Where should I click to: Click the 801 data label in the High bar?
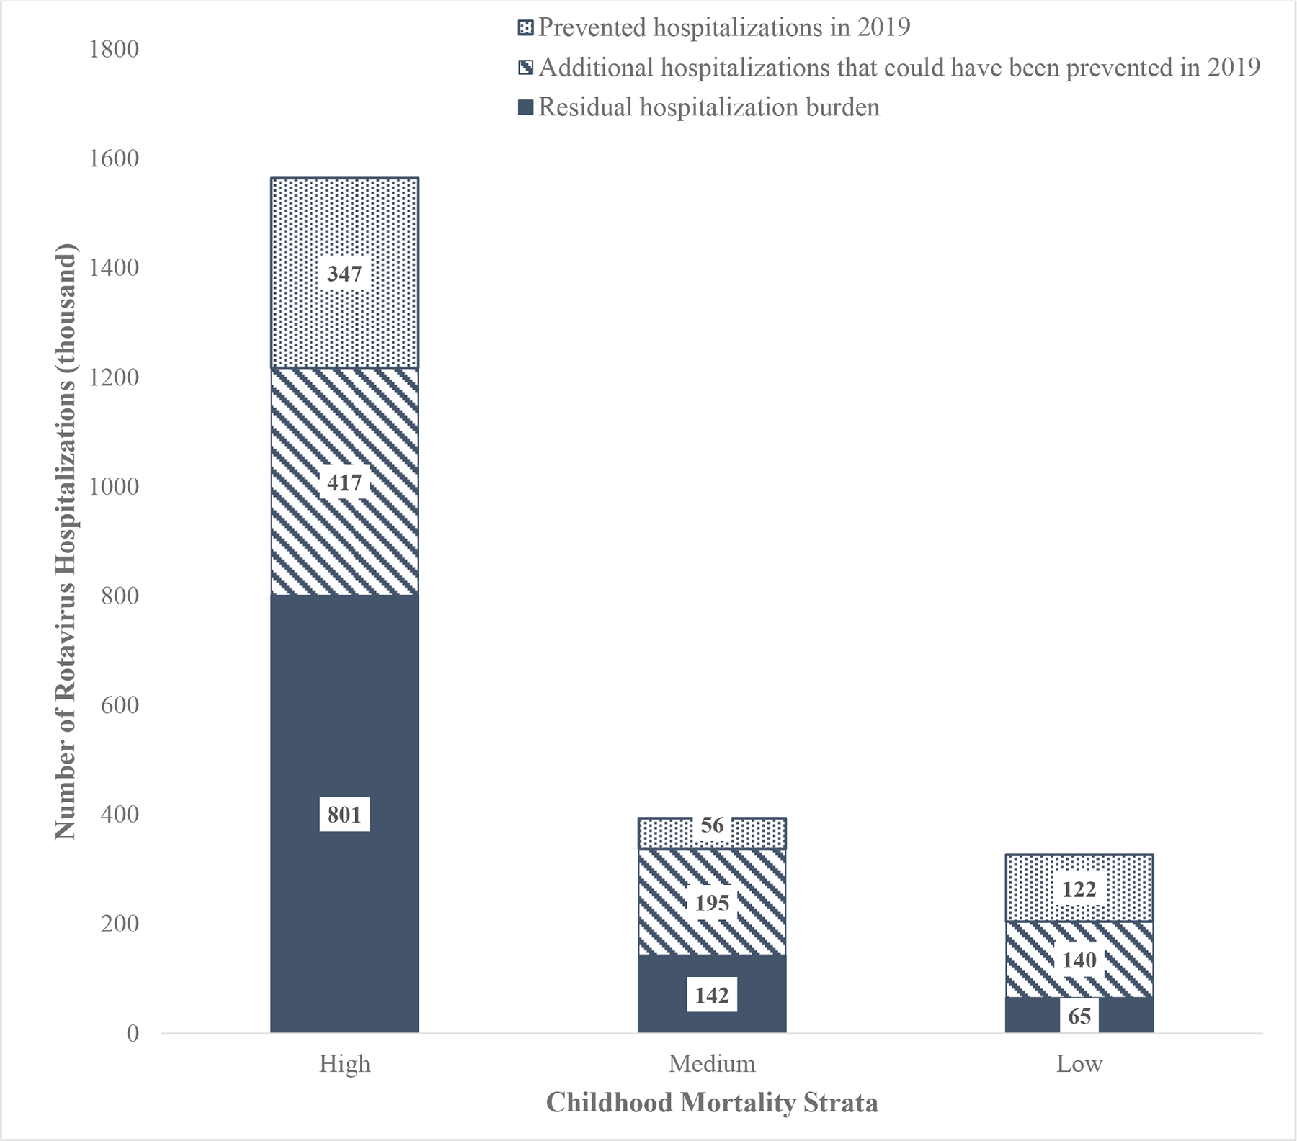click(x=344, y=815)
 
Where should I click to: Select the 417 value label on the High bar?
click(x=344, y=482)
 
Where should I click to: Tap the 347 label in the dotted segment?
click(x=344, y=274)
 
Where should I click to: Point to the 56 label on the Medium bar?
click(x=712, y=825)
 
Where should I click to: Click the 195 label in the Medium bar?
click(x=712, y=903)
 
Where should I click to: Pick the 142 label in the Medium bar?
click(x=712, y=995)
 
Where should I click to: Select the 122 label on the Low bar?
click(x=1079, y=889)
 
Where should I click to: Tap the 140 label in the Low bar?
click(x=1079, y=959)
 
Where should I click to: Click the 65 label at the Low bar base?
click(x=1079, y=1016)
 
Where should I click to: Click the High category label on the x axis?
click(x=345, y=1064)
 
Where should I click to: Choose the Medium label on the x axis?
click(x=712, y=1064)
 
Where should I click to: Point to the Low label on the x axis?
click(x=1079, y=1064)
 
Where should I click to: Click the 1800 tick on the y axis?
click(x=114, y=49)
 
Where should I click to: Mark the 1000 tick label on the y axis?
click(x=114, y=486)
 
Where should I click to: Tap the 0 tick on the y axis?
click(x=133, y=1033)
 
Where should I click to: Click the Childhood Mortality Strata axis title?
click(x=712, y=1103)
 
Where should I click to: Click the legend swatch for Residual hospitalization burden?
click(x=526, y=107)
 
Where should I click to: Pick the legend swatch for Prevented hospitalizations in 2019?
click(x=526, y=28)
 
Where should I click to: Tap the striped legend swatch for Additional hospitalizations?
click(x=526, y=68)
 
